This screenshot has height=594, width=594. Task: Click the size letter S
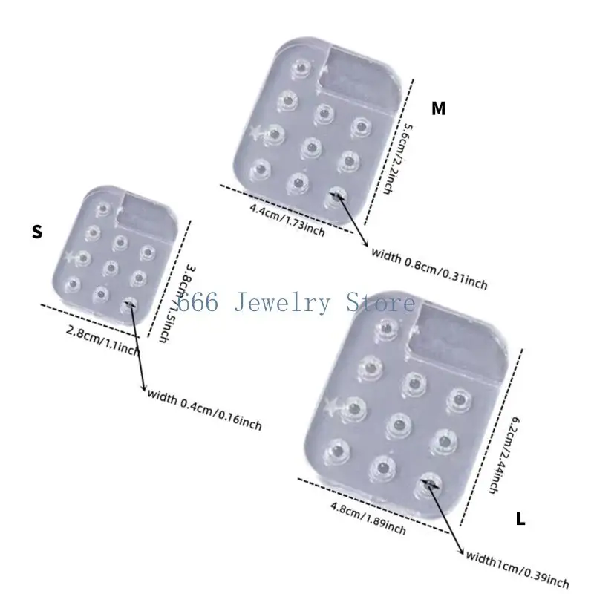point(37,232)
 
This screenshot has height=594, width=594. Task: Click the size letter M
point(439,108)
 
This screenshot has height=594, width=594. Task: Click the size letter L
point(520,519)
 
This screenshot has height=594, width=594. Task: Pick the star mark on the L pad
point(333,405)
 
